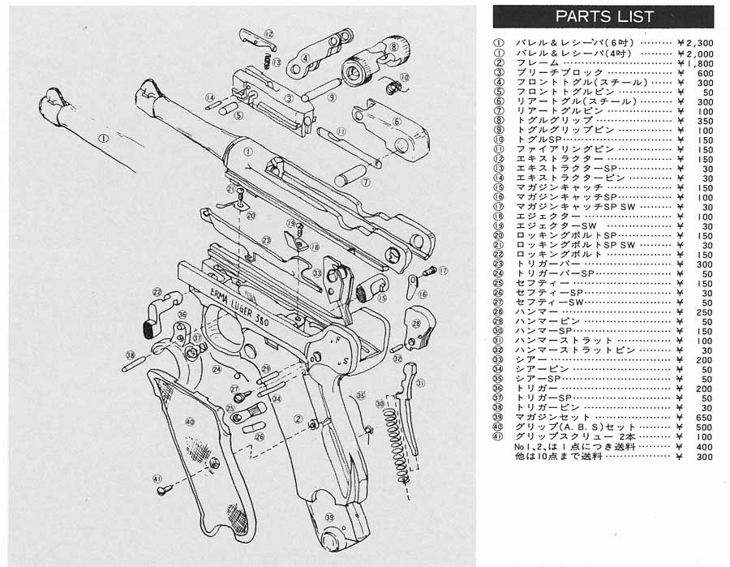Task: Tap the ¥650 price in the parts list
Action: coord(702,417)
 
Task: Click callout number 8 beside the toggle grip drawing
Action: coord(393,48)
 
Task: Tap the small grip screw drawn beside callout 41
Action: coord(164,490)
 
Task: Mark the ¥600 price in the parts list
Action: coord(702,73)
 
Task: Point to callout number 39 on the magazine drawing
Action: coord(329,517)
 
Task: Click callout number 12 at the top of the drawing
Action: coord(268,34)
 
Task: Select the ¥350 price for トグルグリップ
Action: coord(702,120)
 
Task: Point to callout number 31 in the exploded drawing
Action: coord(420,383)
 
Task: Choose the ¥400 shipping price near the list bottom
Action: coord(702,447)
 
